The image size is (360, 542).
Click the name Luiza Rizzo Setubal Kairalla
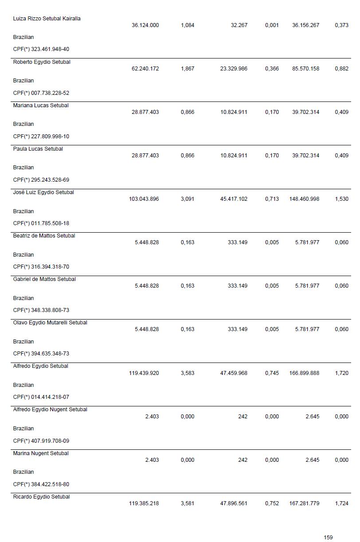coord(47,19)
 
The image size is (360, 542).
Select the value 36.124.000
coord(145,25)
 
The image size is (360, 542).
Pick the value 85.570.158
coord(305,69)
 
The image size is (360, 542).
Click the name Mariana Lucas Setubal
coord(41,105)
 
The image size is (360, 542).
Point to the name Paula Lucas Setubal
coord(38,149)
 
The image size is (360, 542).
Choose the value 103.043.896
coord(144,199)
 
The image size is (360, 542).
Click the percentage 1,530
coord(341,199)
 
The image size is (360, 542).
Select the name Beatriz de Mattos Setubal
coord(44,236)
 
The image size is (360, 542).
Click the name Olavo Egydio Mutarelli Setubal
coord(50,323)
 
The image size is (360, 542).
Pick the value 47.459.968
coord(234,373)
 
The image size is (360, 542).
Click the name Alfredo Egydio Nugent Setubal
coord(50,409)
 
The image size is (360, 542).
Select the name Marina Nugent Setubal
coord(41,453)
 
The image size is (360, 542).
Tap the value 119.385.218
coord(144,503)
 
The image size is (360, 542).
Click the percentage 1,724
coord(341,503)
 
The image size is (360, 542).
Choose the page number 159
coord(328,538)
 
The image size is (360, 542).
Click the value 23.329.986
coord(234,69)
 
